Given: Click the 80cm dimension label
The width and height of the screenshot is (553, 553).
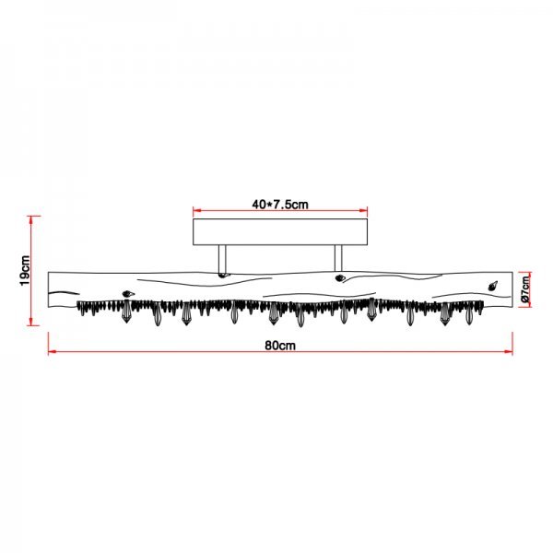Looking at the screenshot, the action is point(280,346).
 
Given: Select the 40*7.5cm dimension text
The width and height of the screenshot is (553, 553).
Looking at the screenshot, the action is point(280,205).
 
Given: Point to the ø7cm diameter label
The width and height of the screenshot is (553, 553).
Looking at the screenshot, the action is point(525,289).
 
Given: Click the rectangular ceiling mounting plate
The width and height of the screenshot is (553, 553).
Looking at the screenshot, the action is point(280,231).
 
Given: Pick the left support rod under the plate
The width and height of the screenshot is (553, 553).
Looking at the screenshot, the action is point(222,259).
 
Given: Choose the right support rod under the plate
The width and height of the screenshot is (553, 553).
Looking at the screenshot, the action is point(338,259).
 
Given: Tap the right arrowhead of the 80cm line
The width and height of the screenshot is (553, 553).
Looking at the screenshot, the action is point(509,352).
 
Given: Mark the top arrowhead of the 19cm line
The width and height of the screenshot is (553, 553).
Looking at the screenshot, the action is point(31,219).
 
